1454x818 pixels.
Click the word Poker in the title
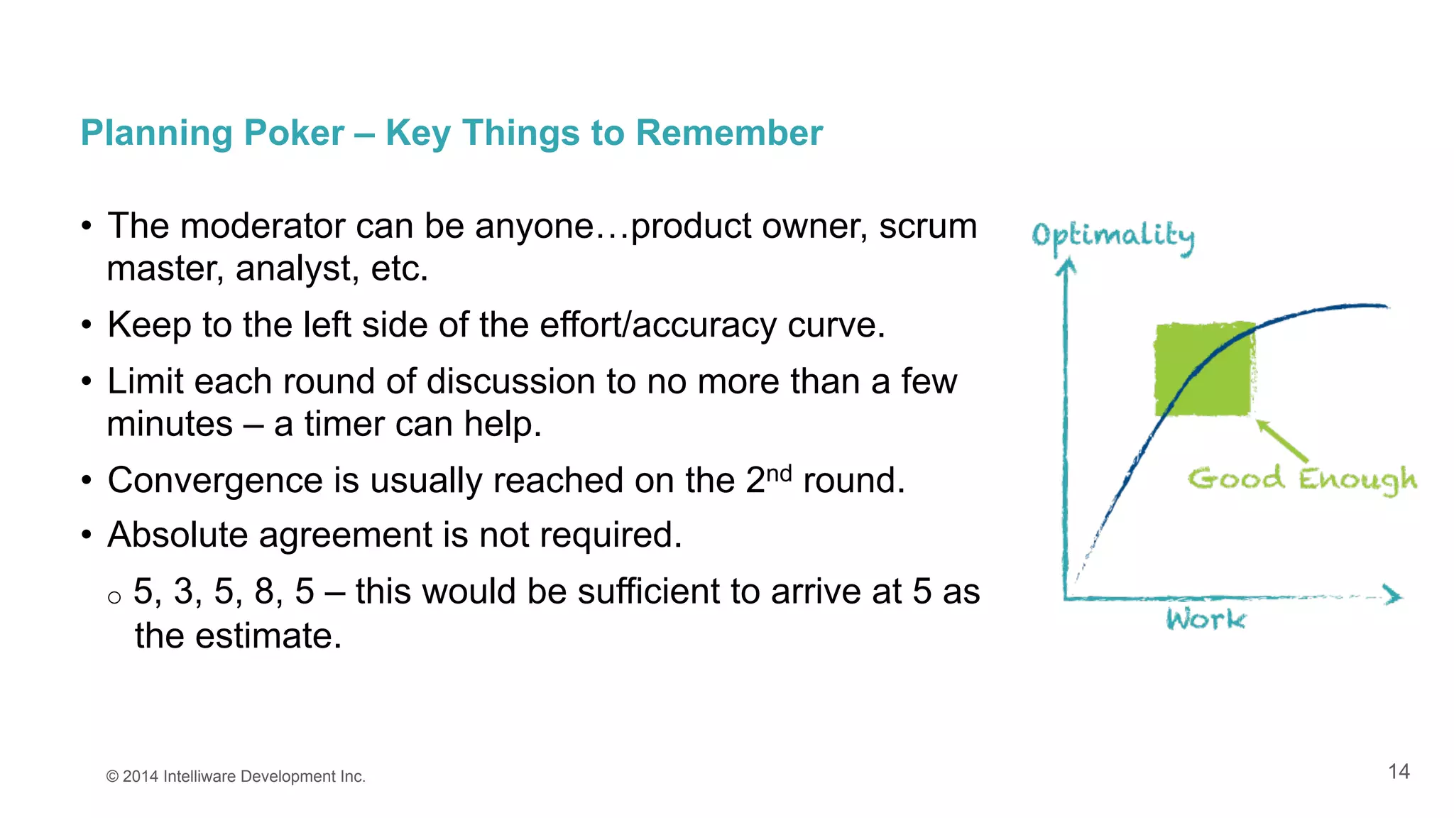[x=294, y=133]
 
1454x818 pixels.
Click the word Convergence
[x=215, y=481]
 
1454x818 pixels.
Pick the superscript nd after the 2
[x=779, y=473]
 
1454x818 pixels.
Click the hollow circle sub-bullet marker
[x=114, y=597]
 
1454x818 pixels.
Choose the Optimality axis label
[x=1113, y=236]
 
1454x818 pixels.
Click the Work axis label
[x=1206, y=620]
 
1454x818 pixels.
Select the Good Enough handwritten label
[x=1302, y=480]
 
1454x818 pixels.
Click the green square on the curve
[x=1203, y=369]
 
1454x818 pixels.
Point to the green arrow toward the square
[x=1282, y=441]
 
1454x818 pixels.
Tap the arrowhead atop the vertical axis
[x=1066, y=267]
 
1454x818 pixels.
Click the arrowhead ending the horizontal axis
[x=1393, y=595]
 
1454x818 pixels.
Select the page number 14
[x=1399, y=772]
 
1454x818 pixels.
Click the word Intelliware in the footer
[x=199, y=777]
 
